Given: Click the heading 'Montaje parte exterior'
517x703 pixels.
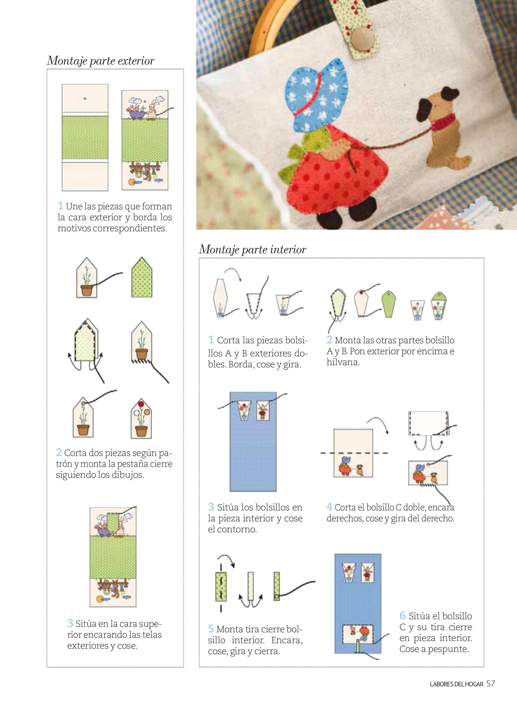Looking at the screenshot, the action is [100, 61].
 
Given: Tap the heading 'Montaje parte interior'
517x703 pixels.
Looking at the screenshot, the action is [252, 249].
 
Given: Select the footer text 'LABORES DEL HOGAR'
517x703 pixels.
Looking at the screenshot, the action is [457, 684].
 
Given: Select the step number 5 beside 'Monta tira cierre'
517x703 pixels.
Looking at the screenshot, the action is [211, 628].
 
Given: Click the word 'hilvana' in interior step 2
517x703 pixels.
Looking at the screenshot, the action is [343, 362].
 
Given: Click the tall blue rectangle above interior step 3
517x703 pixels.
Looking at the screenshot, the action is [253, 442].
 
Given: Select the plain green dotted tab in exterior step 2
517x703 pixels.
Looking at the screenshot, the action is [142, 277].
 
